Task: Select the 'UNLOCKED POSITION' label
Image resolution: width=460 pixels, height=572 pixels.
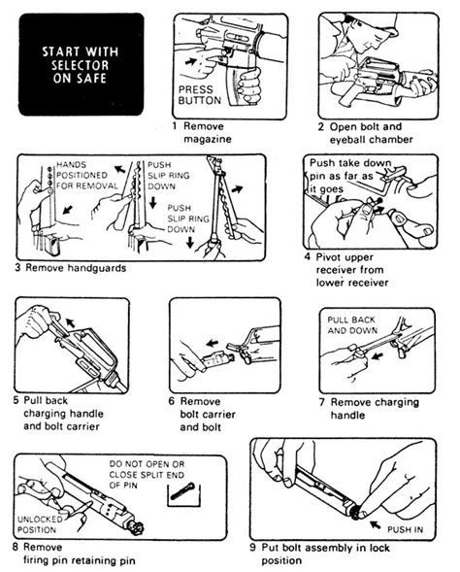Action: click(41, 525)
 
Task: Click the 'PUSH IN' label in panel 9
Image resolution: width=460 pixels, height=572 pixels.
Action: click(407, 530)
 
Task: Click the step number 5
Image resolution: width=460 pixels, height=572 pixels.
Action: click(16, 398)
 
